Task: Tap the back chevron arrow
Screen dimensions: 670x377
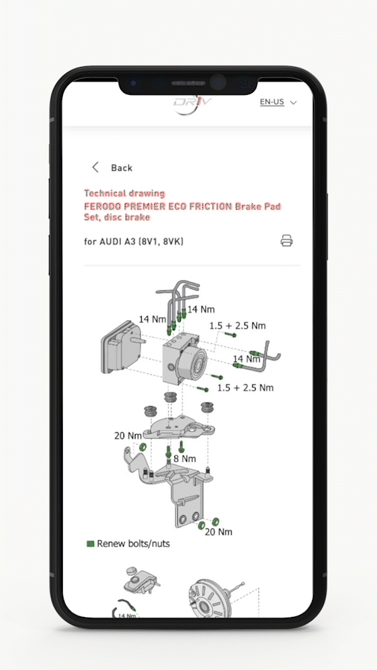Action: (x=95, y=167)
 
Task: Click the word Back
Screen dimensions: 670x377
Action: (x=121, y=168)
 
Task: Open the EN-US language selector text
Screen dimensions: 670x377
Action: (x=272, y=102)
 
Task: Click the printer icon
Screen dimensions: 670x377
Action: (x=286, y=241)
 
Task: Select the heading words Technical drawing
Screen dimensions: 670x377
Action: (x=124, y=193)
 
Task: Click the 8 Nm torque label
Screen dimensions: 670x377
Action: (x=184, y=459)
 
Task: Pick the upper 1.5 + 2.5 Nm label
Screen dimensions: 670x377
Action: (x=237, y=326)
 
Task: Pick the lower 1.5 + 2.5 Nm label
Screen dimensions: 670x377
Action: (x=245, y=387)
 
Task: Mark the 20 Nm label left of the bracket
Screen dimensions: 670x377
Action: (x=128, y=436)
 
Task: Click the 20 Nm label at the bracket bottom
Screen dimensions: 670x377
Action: (x=218, y=532)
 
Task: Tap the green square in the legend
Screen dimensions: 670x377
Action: (x=90, y=543)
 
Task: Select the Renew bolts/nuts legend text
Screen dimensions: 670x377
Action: (x=133, y=543)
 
